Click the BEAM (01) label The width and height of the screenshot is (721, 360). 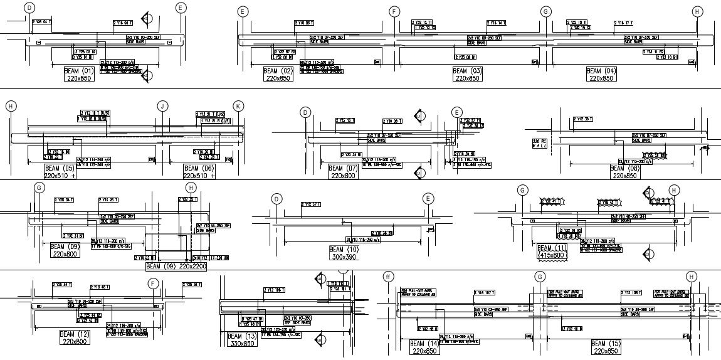tap(79, 71)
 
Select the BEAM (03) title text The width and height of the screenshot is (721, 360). tap(468, 71)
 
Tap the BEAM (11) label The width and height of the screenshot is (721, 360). tap(552, 248)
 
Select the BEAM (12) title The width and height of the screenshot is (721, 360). tap(75, 334)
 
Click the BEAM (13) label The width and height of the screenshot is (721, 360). tap(242, 336)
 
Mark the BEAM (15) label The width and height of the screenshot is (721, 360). tap(606, 344)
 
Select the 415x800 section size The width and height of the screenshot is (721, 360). tap(552, 255)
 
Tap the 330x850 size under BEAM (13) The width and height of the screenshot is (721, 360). tap(242, 344)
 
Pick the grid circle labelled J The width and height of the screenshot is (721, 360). tap(163, 106)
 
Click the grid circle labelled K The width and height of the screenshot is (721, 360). tap(238, 106)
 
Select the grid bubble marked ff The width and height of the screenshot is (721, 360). tap(388, 277)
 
